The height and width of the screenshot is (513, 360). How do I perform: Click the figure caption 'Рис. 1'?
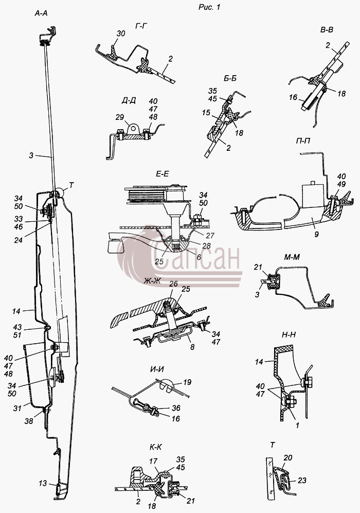209,7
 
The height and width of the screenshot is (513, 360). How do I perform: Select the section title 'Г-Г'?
140,26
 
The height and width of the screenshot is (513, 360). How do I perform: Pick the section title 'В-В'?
327,30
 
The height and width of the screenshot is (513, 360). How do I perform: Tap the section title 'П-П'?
303,141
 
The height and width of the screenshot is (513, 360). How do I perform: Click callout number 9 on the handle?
316,234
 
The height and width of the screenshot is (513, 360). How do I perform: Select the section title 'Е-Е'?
162,174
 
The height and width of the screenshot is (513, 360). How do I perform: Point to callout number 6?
199,257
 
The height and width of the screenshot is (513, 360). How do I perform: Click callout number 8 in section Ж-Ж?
192,347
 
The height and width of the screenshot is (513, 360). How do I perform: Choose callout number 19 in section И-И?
187,382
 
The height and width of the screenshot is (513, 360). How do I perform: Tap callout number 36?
176,408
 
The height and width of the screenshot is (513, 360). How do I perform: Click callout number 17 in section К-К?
153,462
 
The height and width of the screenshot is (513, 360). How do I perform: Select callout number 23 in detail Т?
302,480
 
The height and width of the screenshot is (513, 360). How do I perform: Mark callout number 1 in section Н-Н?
297,426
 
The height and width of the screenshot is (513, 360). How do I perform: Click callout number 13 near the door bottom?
43,483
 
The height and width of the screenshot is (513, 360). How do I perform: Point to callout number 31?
17,408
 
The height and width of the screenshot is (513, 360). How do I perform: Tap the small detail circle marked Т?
59,193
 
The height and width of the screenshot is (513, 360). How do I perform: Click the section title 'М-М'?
292,257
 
